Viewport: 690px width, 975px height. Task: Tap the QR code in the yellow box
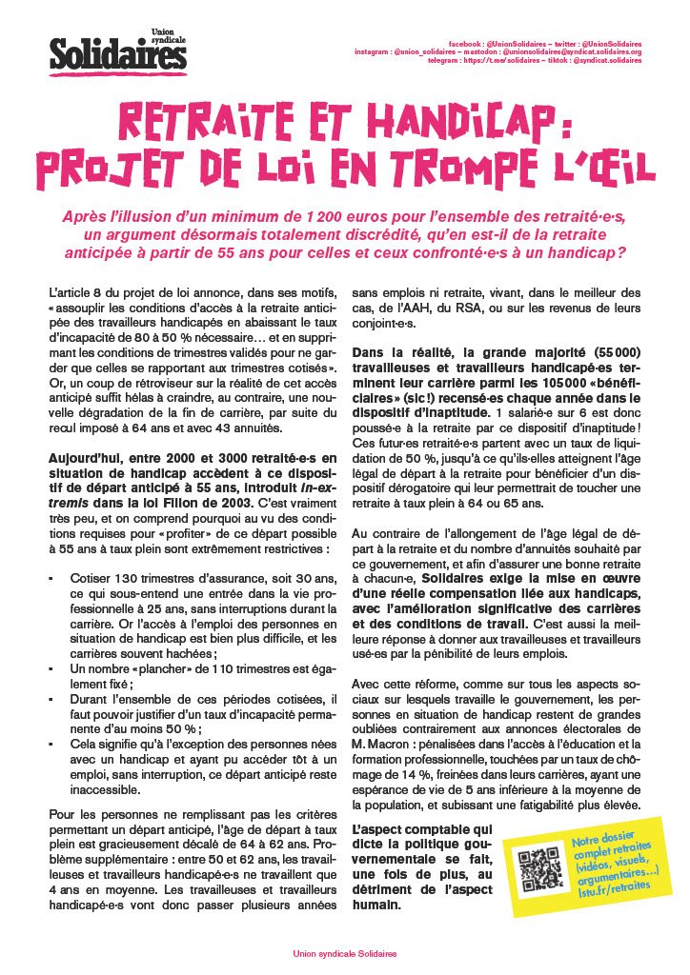535,869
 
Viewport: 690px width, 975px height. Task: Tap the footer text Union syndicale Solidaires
344,953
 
